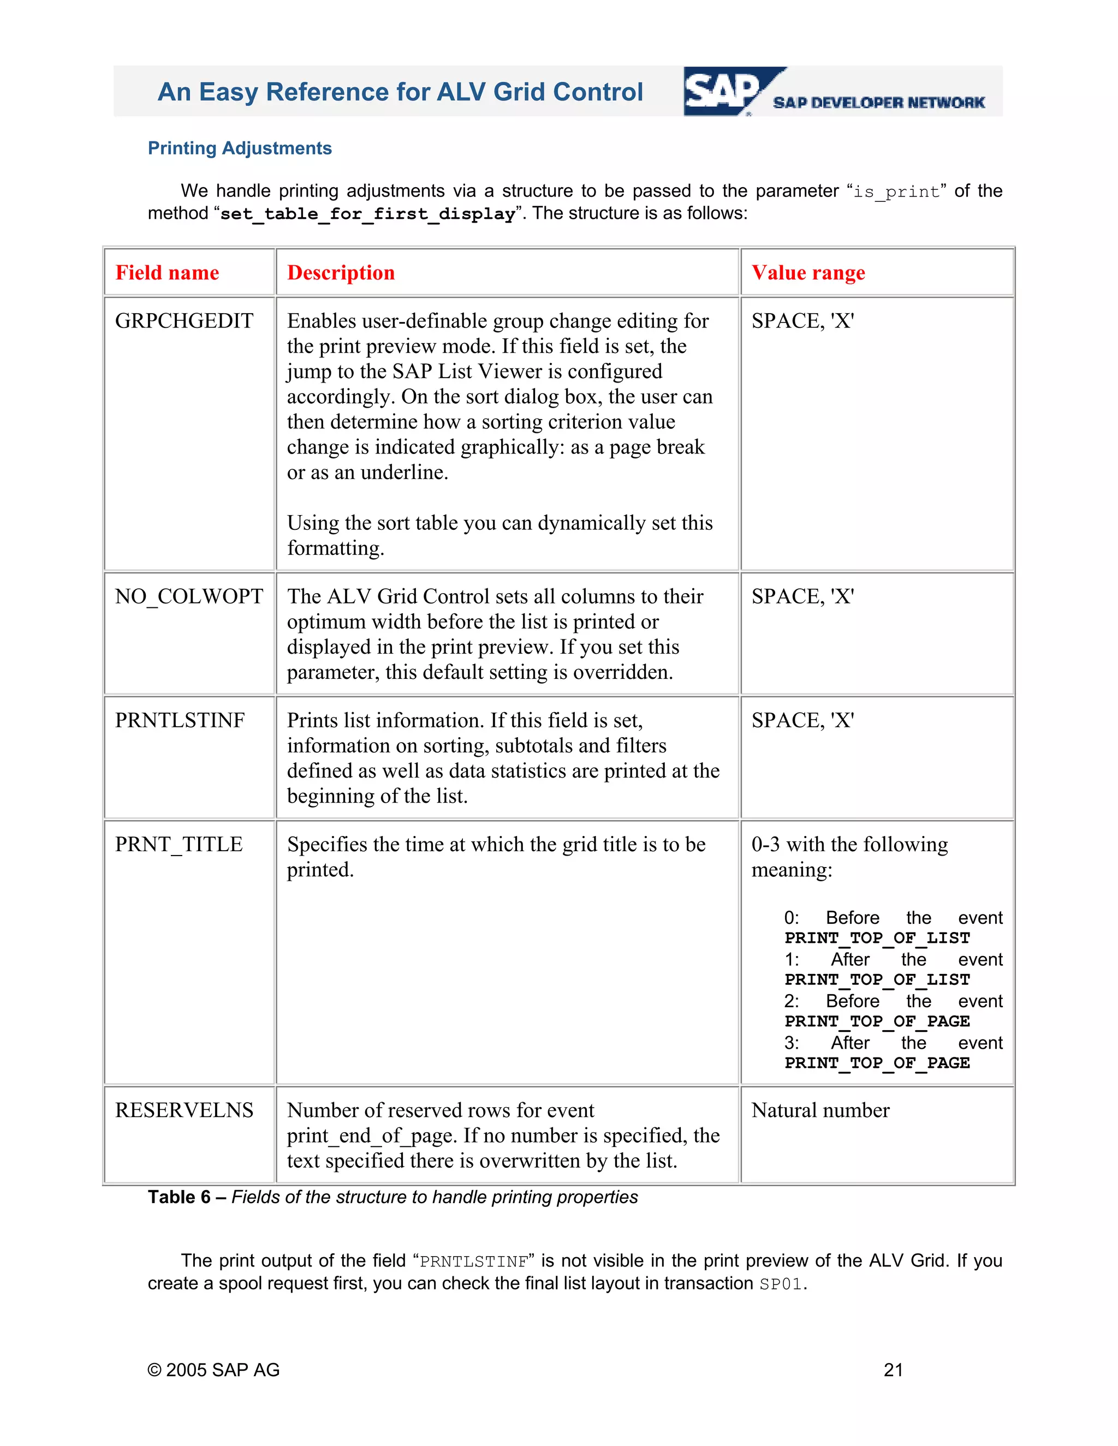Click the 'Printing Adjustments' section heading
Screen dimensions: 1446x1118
click(239, 148)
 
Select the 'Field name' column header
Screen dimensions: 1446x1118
click(167, 273)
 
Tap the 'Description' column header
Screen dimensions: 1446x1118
click(341, 273)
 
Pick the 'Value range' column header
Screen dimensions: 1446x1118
click(808, 273)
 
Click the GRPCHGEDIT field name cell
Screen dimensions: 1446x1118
click(184, 321)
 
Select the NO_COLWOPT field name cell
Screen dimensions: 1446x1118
click(189, 596)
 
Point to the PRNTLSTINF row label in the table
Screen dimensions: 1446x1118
click(180, 720)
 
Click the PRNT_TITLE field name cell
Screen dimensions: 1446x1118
click(179, 844)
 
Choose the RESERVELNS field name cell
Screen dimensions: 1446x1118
click(184, 1110)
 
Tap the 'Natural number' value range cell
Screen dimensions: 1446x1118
click(820, 1110)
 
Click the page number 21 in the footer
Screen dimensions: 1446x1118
click(893, 1370)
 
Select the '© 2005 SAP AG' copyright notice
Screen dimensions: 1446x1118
click(213, 1370)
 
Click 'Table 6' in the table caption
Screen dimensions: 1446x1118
click(179, 1197)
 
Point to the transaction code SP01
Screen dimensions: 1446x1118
click(781, 1284)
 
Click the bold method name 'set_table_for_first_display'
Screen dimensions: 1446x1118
click(367, 214)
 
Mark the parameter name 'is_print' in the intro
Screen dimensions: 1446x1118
click(896, 192)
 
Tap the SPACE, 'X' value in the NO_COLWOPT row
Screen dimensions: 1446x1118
click(802, 596)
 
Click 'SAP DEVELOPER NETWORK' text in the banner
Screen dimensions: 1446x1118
click(878, 103)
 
